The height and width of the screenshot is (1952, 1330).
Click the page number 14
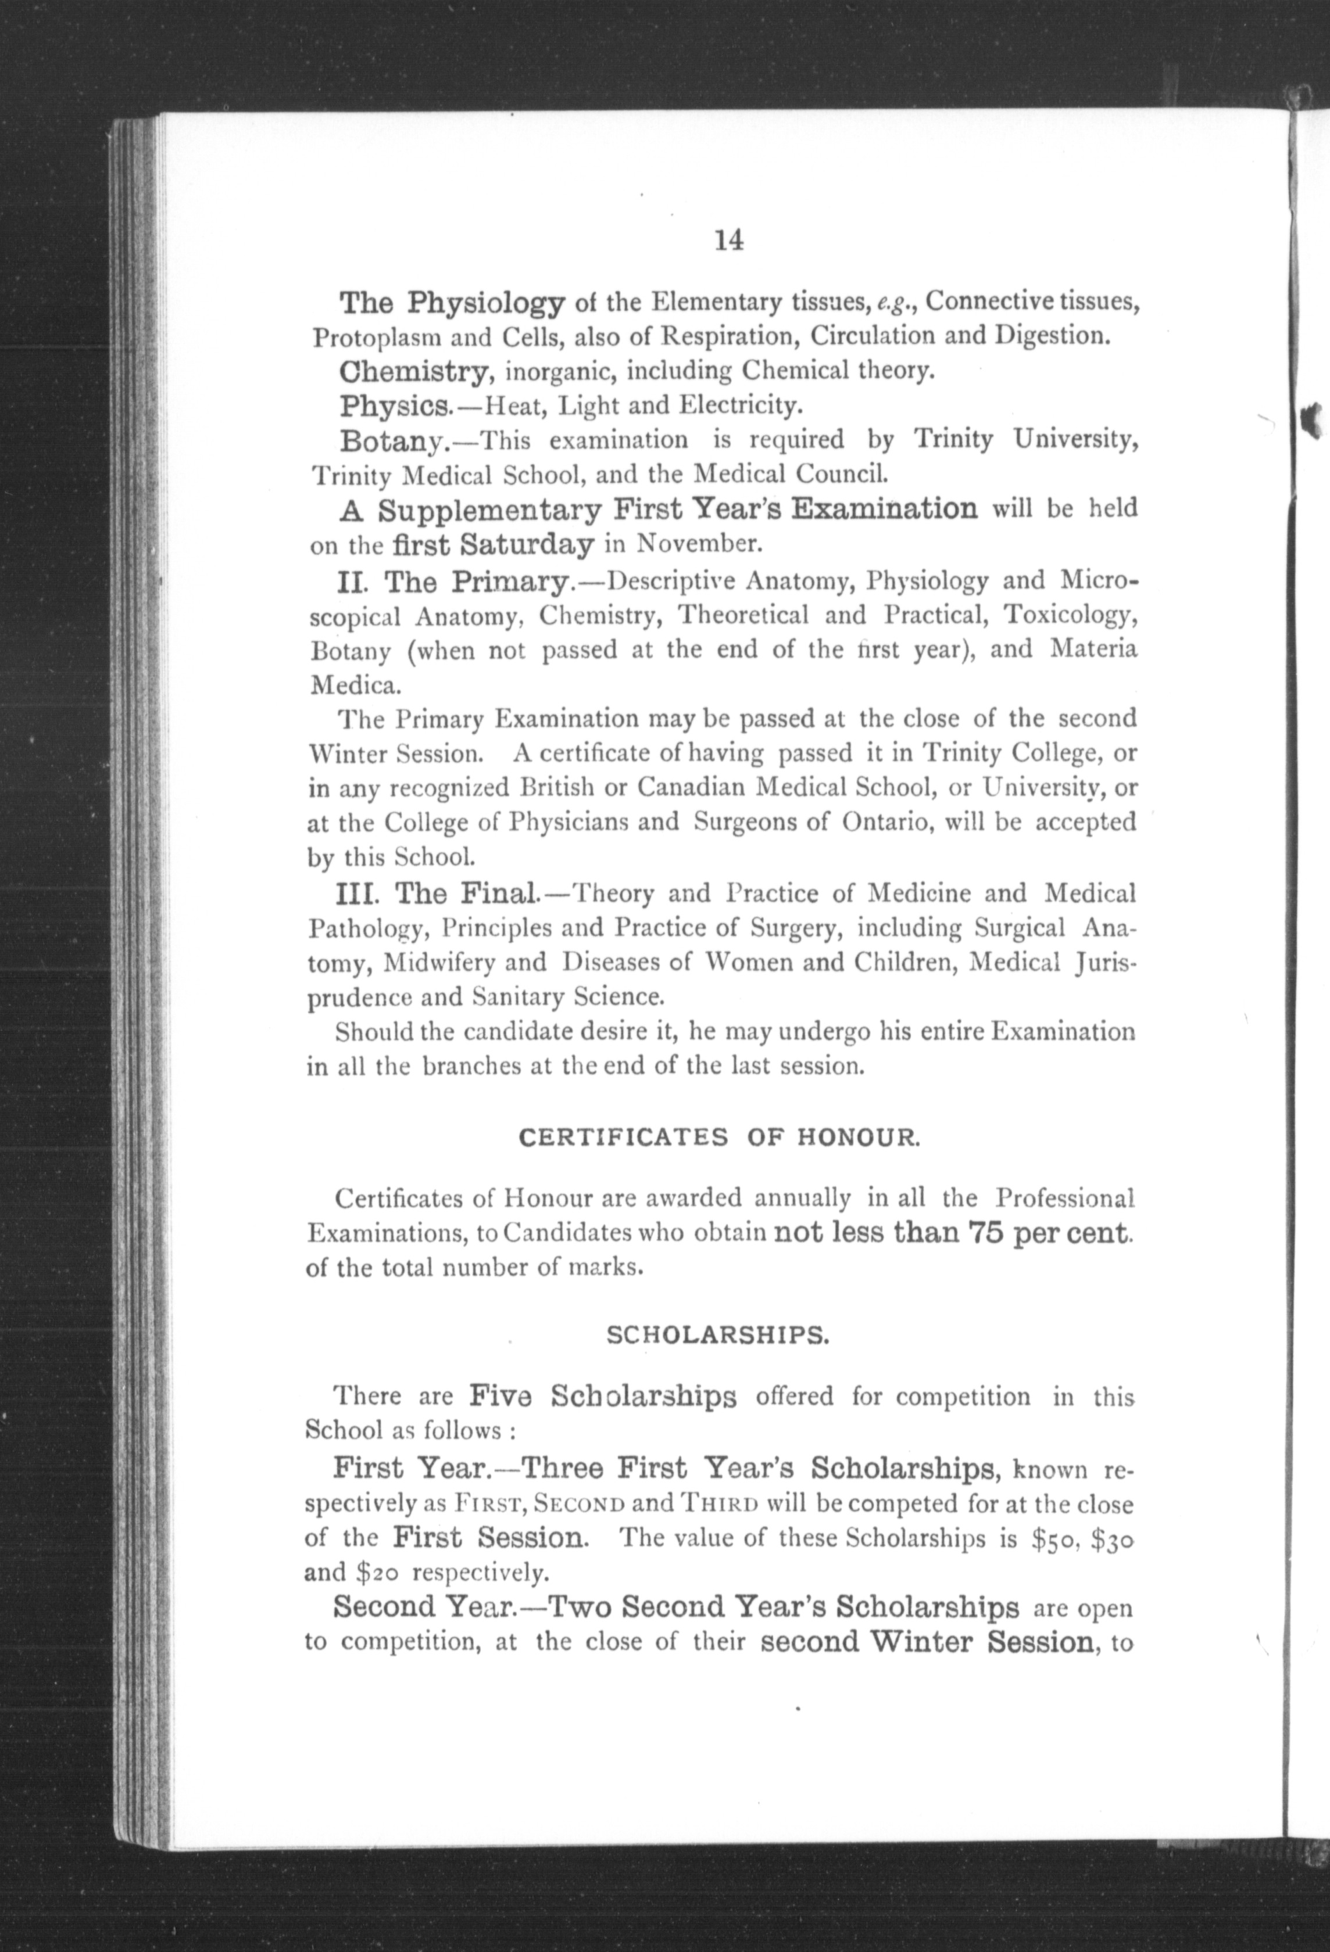tap(728, 241)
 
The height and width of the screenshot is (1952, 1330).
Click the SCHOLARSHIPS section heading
tap(719, 1336)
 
